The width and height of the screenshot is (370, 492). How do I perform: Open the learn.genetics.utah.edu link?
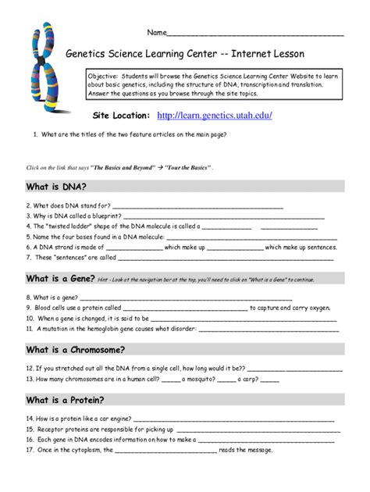[x=215, y=116]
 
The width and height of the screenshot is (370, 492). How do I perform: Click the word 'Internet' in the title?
[x=244, y=55]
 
